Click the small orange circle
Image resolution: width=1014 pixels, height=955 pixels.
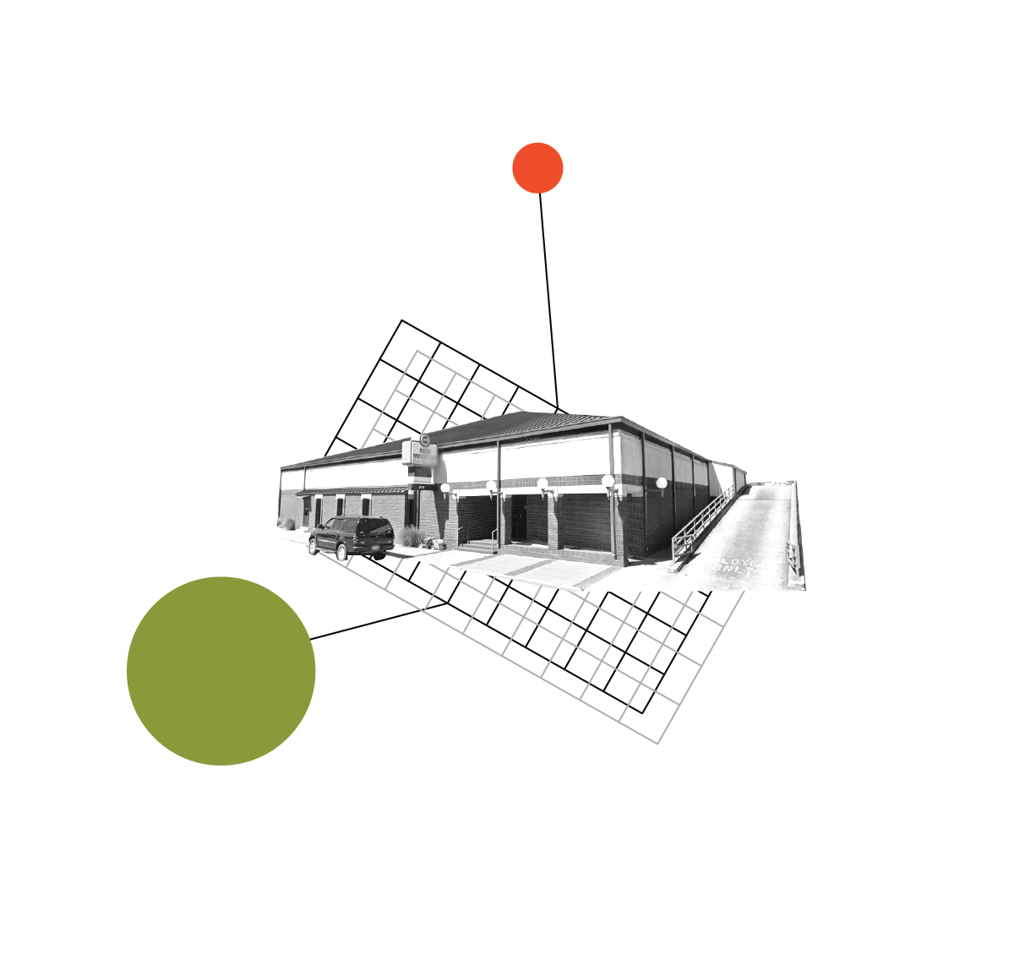click(537, 168)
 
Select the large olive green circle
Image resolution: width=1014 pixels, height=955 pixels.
click(221, 671)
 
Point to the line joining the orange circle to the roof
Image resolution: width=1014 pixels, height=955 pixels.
click(548, 296)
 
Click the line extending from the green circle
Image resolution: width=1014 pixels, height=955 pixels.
click(380, 621)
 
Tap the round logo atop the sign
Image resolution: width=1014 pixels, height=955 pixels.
click(424, 439)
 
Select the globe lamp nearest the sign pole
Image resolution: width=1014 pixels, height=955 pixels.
click(445, 488)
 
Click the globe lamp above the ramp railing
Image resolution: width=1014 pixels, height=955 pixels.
click(662, 483)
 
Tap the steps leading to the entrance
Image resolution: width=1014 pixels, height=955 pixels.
click(479, 548)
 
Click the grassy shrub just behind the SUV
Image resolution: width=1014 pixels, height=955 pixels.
click(412, 537)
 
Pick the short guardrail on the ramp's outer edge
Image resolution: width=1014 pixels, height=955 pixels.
click(792, 558)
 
